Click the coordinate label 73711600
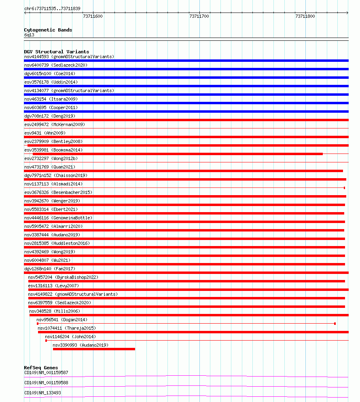pyautogui.click(x=93, y=16)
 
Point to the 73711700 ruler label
pyautogui.click(x=199, y=16)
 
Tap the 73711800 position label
pyautogui.click(x=305, y=16)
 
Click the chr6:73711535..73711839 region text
pyautogui.click(x=52, y=8)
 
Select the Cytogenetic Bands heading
pyautogui.click(x=48, y=30)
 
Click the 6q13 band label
pyautogui.click(x=29, y=35)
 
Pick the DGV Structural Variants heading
pyautogui.click(x=57, y=52)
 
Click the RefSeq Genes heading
pyautogui.click(x=41, y=368)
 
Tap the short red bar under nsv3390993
pyautogui.click(x=94, y=349)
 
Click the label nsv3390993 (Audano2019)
pyautogui.click(x=80, y=345)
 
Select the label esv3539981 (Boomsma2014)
pyautogui.click(x=53, y=150)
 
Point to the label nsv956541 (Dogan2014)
pyautogui.click(x=62, y=320)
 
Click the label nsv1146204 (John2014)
pyautogui.click(x=70, y=337)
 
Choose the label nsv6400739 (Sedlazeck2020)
pyautogui.click(x=56, y=65)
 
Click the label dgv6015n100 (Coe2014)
pyautogui.click(x=49, y=74)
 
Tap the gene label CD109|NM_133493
pyautogui.click(x=43, y=393)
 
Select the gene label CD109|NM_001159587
pyautogui.click(x=46, y=373)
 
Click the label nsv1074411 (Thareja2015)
pyautogui.click(x=67, y=328)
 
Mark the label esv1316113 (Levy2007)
pyautogui.click(x=53, y=286)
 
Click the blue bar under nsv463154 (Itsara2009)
pyautogui.click(x=186, y=103)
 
